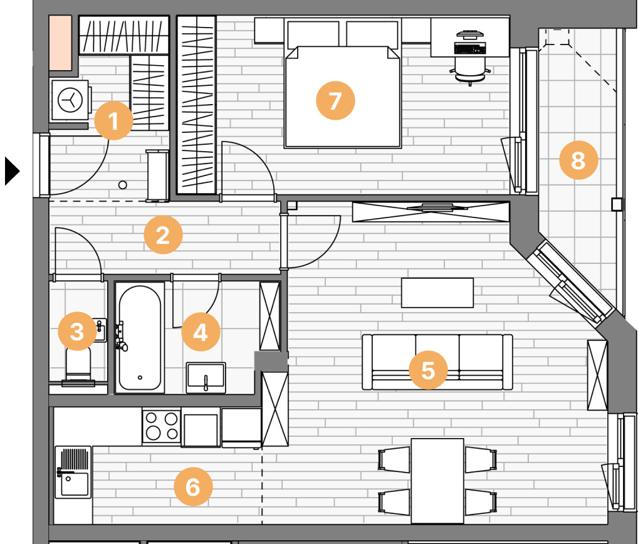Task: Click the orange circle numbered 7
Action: point(335,100)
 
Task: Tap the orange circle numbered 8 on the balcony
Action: point(578,160)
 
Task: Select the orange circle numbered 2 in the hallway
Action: point(163,235)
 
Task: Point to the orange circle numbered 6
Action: point(193,486)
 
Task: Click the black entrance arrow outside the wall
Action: point(12,171)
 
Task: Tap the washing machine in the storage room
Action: point(71,100)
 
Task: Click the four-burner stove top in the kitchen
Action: point(162,426)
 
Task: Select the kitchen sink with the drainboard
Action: point(73,472)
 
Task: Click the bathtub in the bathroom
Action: point(140,338)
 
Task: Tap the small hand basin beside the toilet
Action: point(100,330)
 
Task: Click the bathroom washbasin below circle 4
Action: point(206,377)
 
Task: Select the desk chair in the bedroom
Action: point(471,69)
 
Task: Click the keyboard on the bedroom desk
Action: point(470,48)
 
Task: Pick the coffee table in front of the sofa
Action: point(437,293)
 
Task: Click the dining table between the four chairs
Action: point(437,481)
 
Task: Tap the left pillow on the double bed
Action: point(313,34)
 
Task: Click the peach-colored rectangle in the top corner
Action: point(60,43)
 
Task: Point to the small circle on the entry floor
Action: point(122,185)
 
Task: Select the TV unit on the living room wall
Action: point(431,212)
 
